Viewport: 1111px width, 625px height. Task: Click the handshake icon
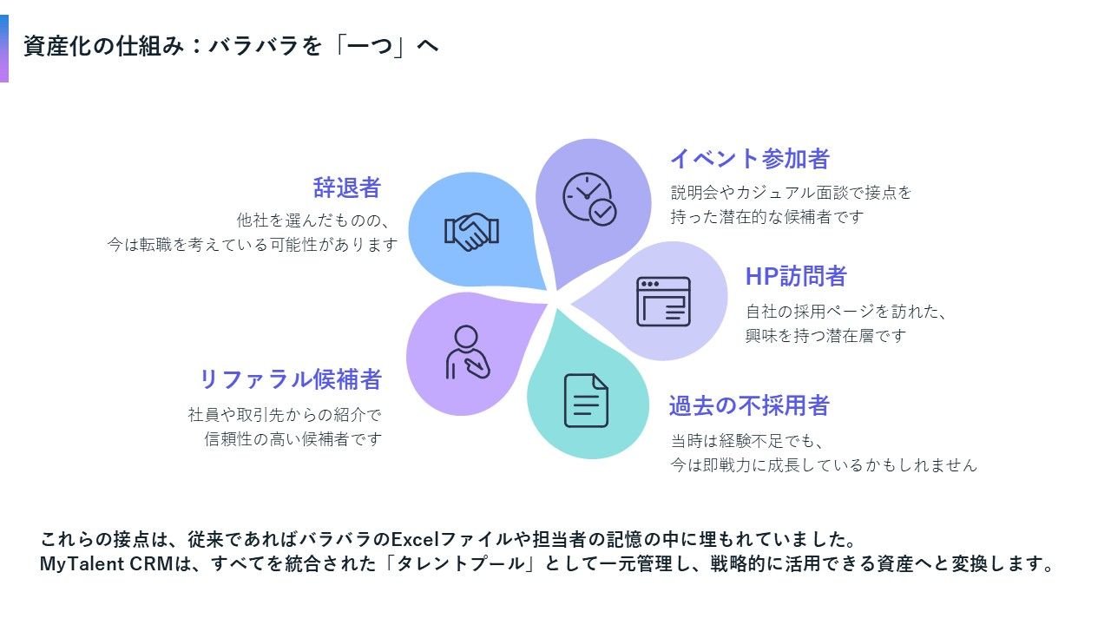[471, 232]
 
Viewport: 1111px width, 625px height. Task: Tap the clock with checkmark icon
[589, 199]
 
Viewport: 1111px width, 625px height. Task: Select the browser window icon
[663, 301]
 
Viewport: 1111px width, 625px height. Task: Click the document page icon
[586, 400]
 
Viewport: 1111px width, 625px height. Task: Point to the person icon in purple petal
[466, 352]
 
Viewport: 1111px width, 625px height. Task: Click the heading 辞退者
[347, 187]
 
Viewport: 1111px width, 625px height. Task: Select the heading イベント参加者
[750, 159]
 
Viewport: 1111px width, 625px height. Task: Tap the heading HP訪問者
[796, 277]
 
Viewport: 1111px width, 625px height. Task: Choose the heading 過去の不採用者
[749, 405]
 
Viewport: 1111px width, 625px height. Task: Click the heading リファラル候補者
[291, 379]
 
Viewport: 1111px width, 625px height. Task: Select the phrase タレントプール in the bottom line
[464, 564]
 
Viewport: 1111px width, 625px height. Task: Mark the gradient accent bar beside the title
[4, 49]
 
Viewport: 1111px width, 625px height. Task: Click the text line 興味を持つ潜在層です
[825, 335]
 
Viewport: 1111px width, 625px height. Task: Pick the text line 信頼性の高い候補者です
[293, 439]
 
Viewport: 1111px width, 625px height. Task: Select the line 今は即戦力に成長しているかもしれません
[824, 465]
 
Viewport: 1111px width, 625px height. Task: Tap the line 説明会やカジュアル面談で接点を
[791, 193]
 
